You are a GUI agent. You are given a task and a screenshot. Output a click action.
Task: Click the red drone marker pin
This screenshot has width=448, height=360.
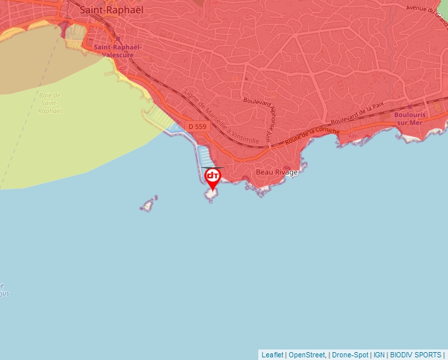tap(212, 177)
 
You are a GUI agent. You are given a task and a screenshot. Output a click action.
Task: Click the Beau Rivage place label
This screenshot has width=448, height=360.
tap(277, 172)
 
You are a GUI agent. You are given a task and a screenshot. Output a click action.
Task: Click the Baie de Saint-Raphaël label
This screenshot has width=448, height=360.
tap(50, 103)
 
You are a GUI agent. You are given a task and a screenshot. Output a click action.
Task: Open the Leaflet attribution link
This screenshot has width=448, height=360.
tap(272, 355)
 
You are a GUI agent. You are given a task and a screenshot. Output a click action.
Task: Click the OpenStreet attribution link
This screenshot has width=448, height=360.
tap(306, 355)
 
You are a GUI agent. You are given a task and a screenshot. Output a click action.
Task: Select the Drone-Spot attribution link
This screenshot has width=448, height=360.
tap(349, 355)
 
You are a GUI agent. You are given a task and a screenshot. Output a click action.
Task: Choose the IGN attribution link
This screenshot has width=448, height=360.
tap(379, 355)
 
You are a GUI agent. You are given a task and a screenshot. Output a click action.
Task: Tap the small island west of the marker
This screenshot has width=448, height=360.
tap(148, 205)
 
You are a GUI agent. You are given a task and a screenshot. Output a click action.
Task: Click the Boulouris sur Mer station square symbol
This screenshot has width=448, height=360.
tap(410, 105)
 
